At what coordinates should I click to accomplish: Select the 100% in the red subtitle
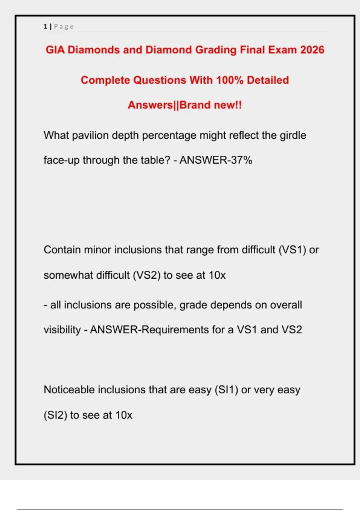pyautogui.click(x=230, y=80)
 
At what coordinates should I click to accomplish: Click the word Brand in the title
pyautogui.click(x=195, y=105)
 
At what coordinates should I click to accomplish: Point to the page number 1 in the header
pyautogui.click(x=45, y=26)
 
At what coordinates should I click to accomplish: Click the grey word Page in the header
pyautogui.click(x=64, y=26)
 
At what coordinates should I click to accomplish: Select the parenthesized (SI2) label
pyautogui.click(x=55, y=415)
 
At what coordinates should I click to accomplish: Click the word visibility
pyautogui.click(x=62, y=330)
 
